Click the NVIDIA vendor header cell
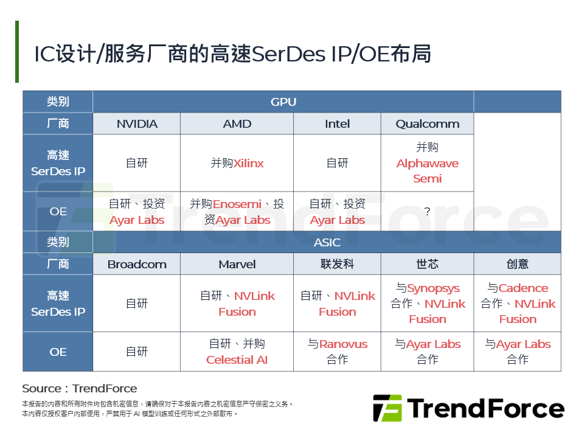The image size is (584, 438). point(137,124)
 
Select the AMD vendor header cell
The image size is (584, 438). point(237,124)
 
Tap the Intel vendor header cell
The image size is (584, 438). point(337,124)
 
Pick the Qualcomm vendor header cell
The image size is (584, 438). point(427,124)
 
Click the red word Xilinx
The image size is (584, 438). point(249,164)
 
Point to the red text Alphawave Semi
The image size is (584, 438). point(427,171)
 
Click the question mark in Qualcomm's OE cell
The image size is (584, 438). point(427,212)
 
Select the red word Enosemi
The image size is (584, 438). point(237,204)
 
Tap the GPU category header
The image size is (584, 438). point(283,102)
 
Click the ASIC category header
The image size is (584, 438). point(327,242)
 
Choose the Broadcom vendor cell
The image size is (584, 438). point(137,265)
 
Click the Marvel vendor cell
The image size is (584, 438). point(237,265)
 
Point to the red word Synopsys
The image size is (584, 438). point(433,288)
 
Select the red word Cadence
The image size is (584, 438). point(523,288)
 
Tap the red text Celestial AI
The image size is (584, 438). point(237,360)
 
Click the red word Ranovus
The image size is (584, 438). point(343,344)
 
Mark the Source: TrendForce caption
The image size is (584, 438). point(80,389)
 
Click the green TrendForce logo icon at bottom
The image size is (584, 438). point(387,408)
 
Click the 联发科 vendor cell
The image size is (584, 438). point(337,265)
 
